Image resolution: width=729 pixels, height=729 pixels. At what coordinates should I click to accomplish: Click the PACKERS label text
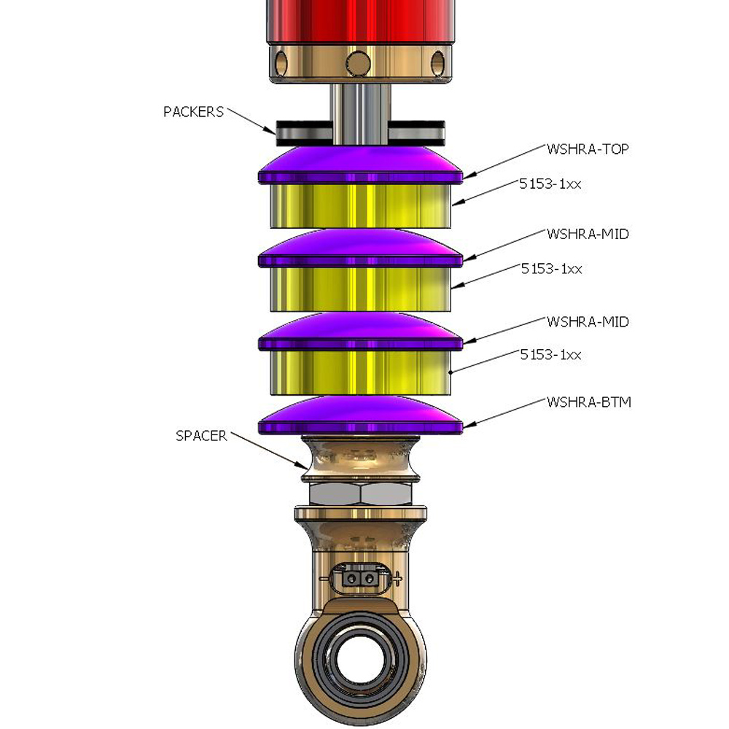[193, 112]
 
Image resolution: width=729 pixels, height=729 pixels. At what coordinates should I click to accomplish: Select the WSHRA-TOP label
[588, 149]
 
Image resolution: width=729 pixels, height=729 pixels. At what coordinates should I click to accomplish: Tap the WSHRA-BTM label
[588, 402]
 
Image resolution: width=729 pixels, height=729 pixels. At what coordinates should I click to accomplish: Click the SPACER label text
[201, 436]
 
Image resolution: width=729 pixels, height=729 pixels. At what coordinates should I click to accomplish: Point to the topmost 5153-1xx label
[551, 184]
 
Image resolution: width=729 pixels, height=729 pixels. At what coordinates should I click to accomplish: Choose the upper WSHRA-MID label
[588, 235]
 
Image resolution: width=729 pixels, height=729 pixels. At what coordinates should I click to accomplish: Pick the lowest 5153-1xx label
[551, 355]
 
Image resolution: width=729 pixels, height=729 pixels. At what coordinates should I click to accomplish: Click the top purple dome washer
[361, 165]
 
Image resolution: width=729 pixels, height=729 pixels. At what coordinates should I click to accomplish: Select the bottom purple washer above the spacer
[361, 418]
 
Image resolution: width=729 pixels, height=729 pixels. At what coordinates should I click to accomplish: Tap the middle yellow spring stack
[361, 288]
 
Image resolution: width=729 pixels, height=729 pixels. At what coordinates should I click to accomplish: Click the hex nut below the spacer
[361, 495]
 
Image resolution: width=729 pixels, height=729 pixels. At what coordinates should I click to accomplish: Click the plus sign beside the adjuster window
[397, 579]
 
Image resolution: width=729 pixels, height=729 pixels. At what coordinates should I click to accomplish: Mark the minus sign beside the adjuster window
[324, 578]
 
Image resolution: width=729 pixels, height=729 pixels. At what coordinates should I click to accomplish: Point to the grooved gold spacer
[361, 459]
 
